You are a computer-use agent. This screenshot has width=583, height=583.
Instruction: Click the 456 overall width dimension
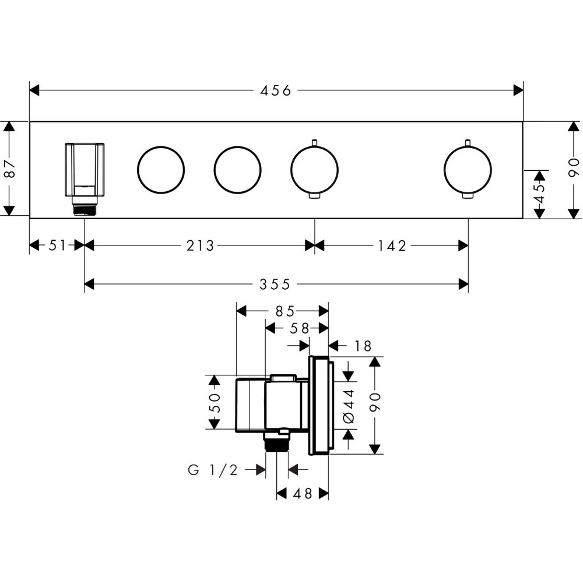(275, 90)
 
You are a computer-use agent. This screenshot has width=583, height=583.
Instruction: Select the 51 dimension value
(57, 245)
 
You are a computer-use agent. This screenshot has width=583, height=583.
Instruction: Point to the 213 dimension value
(201, 245)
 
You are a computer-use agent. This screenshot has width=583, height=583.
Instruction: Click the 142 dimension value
(391, 245)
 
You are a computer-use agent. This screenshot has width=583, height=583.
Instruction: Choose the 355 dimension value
(275, 284)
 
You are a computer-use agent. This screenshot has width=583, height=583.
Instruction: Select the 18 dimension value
(362, 346)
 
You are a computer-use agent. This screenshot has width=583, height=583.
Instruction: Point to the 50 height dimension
(215, 402)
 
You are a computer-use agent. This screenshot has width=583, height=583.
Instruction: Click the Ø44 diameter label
(349, 402)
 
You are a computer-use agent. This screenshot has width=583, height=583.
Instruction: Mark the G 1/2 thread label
(213, 470)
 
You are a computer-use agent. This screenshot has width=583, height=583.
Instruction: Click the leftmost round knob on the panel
(161, 170)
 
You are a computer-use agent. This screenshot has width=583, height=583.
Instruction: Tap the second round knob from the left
(237, 170)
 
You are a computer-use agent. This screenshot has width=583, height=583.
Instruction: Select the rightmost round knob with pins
(467, 170)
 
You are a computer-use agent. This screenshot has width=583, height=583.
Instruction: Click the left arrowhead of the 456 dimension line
(34, 90)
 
